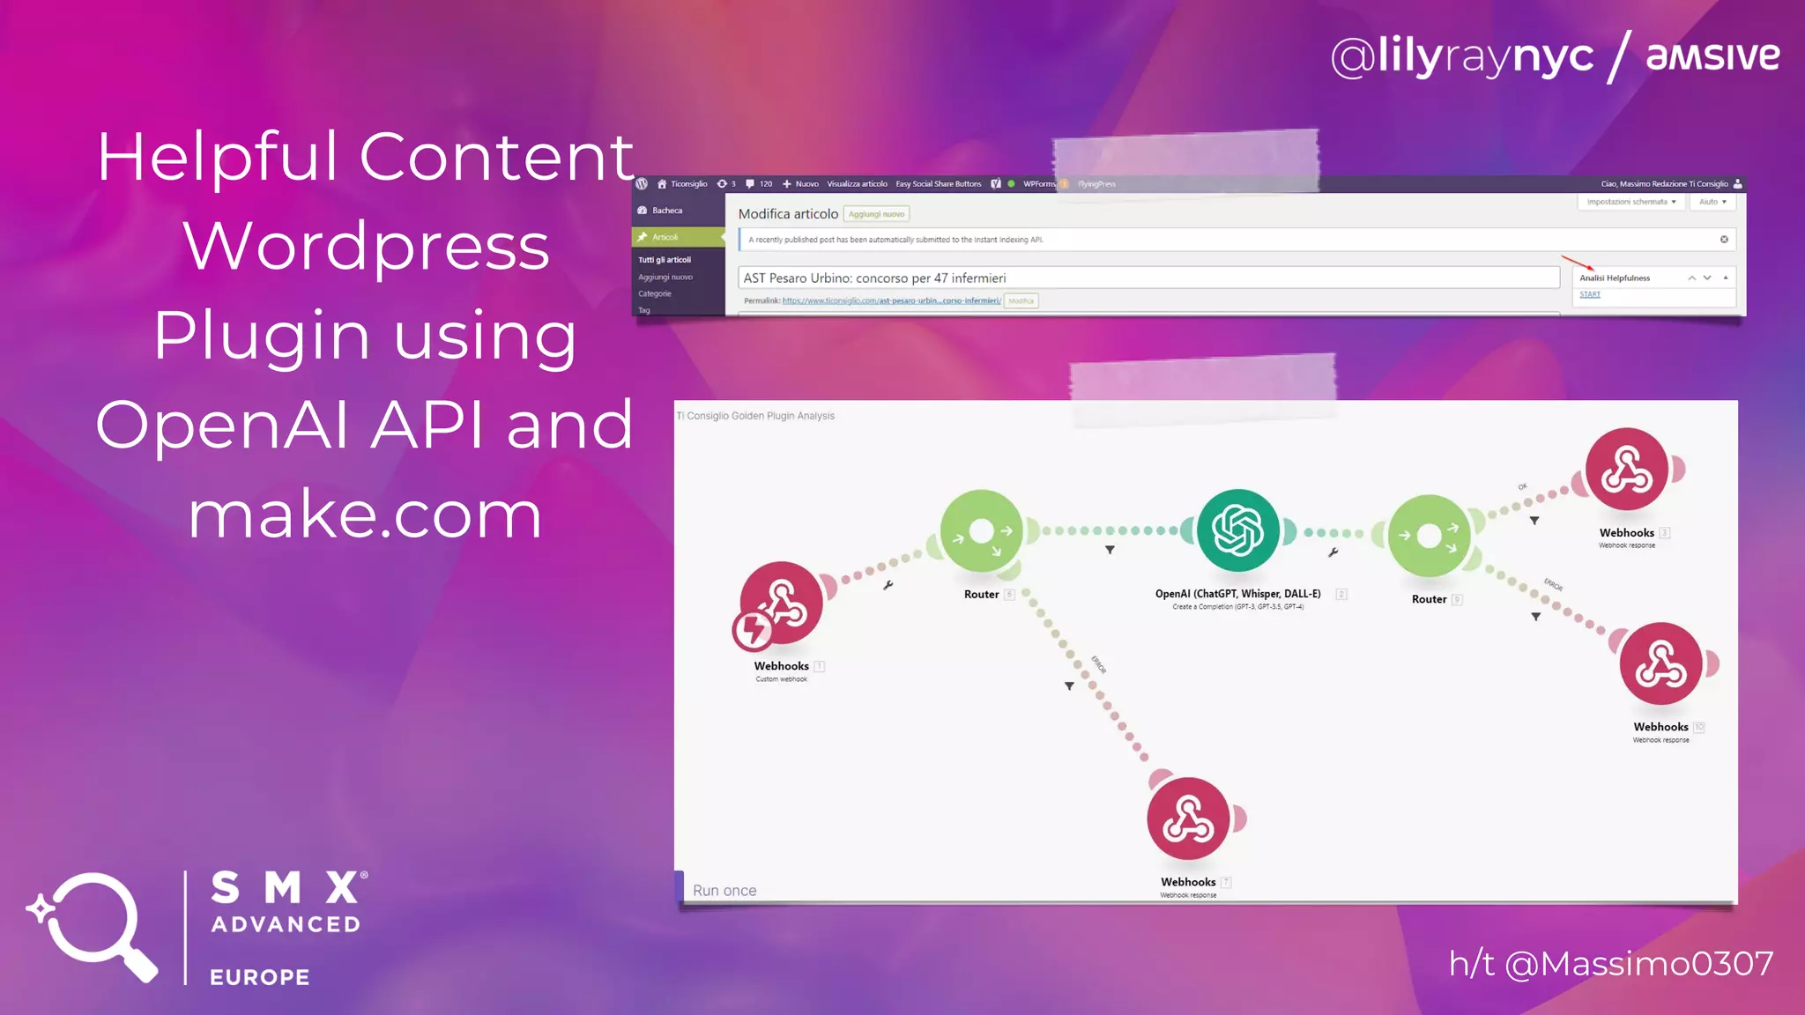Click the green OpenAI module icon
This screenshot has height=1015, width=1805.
pos(1237,530)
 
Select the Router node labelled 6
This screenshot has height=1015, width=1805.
pos(981,531)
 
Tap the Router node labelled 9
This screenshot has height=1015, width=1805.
pos(1429,536)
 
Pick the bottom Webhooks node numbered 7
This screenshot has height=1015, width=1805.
pos(1188,819)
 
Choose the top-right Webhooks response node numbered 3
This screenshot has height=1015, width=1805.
pos(1626,470)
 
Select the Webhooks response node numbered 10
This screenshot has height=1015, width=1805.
pos(1660,664)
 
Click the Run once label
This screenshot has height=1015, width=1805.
pos(724,891)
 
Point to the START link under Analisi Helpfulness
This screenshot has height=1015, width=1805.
pos(1590,294)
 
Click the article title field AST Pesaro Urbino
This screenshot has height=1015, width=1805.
pos(1146,278)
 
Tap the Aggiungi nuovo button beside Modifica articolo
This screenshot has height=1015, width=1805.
pos(876,214)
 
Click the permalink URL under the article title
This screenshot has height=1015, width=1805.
pos(891,301)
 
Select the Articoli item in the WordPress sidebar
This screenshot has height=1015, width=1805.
pos(665,237)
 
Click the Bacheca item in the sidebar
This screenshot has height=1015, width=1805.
pos(666,211)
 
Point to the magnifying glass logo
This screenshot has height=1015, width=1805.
pos(92,925)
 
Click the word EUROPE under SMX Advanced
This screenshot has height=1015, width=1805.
pos(260,977)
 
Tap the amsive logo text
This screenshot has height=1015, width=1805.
pos(1712,56)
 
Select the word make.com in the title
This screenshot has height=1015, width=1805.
pos(365,515)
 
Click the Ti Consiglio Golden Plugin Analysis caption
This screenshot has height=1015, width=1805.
pos(756,416)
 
